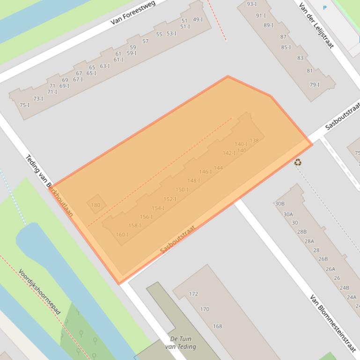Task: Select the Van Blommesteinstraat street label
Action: pyautogui.click(x=333, y=323)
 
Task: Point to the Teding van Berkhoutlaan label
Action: pyautogui.click(x=49, y=186)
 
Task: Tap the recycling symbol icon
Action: pyautogui.click(x=297, y=162)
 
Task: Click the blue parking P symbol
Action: pyautogui.click(x=324, y=8)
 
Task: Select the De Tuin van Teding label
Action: pyautogui.click(x=180, y=343)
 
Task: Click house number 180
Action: pyautogui.click(x=96, y=205)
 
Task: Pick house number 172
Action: pyautogui.click(x=193, y=294)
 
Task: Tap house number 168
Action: pyautogui.click(x=218, y=326)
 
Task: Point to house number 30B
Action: pyautogui.click(x=279, y=204)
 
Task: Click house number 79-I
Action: pyautogui.click(x=315, y=85)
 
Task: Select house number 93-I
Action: pyautogui.click(x=251, y=4)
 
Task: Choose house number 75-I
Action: pyautogui.click(x=25, y=105)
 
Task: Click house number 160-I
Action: pyautogui.click(x=122, y=235)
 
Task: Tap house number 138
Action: pyautogui.click(x=254, y=140)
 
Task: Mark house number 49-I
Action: pyautogui.click(x=198, y=20)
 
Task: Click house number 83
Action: pyautogui.click(x=300, y=58)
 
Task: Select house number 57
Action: pyautogui.click(x=145, y=41)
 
